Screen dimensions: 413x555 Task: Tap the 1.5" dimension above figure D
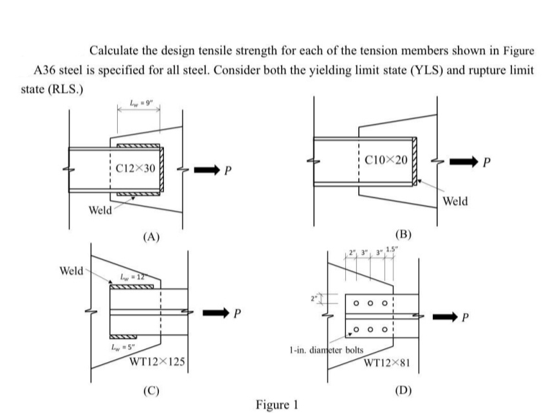(399, 250)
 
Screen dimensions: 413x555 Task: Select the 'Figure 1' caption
(277, 405)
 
